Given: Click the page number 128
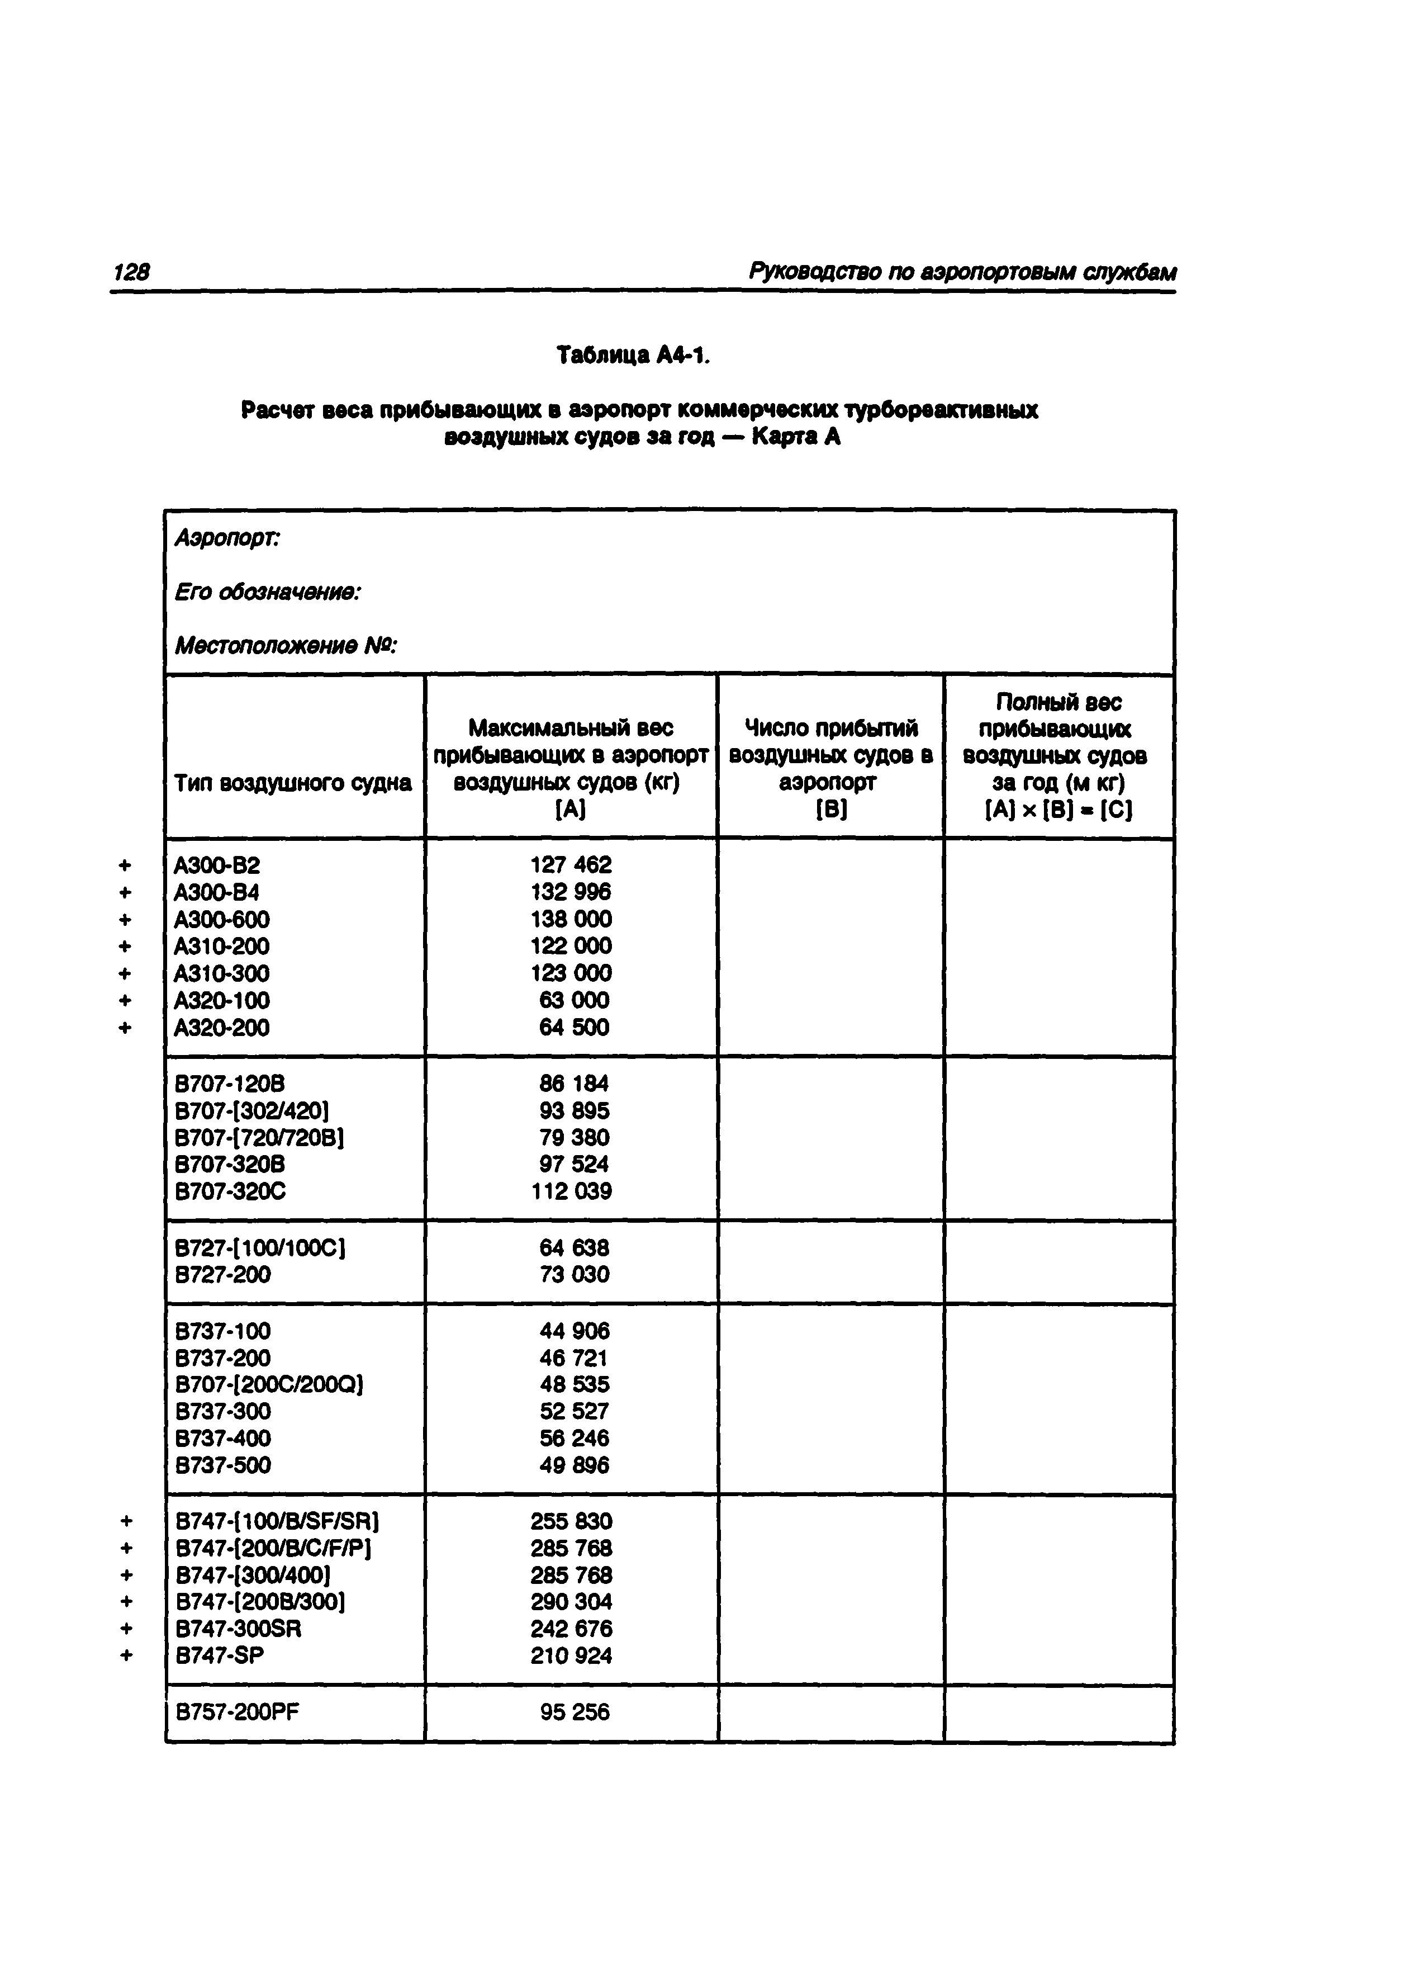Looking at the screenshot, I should pyautogui.click(x=131, y=273).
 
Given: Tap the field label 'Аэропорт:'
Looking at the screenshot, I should pyautogui.click(x=227, y=538).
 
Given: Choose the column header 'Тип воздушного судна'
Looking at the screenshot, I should pyautogui.click(x=293, y=783).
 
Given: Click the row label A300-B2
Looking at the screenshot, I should pyautogui.click(x=217, y=865).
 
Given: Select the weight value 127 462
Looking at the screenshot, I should pyautogui.click(x=571, y=865).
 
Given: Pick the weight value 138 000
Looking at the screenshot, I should pyautogui.click(x=571, y=919).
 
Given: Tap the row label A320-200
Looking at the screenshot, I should pyautogui.click(x=222, y=1028).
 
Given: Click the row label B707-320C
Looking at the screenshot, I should pyautogui.click(x=231, y=1191).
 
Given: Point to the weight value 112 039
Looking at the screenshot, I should pyautogui.click(x=571, y=1191).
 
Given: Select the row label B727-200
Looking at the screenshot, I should pyautogui.click(x=224, y=1274).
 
